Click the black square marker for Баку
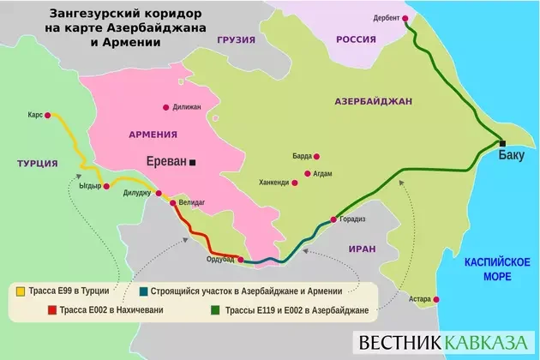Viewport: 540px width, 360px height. click(503, 143)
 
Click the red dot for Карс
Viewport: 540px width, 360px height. click(48, 114)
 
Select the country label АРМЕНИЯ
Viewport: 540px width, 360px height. click(153, 135)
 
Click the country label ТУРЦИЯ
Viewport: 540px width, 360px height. click(37, 163)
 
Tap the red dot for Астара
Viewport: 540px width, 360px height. click(437, 299)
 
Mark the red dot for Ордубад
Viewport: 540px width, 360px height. click(241, 259)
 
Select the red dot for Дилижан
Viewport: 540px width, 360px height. click(165, 107)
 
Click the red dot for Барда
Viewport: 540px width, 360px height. click(317, 157)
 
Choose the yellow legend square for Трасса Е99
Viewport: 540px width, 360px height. click(20, 291)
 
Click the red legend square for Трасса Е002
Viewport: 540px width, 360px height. click(20, 309)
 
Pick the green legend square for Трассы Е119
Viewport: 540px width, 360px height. click(213, 309)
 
